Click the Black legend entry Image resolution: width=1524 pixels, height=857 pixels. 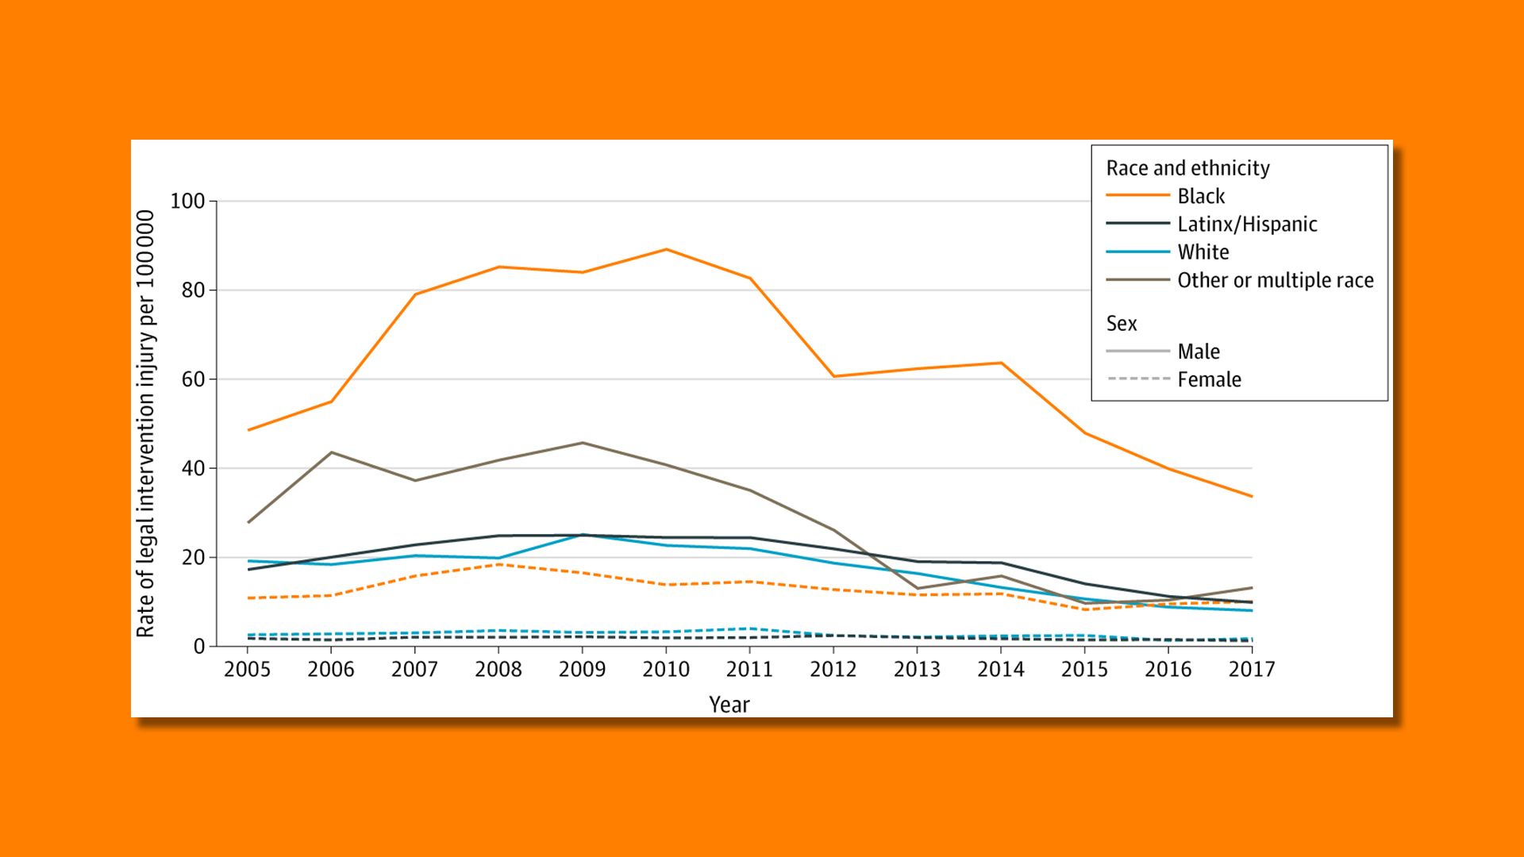1200,196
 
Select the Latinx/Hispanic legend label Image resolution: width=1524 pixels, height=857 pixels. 1247,225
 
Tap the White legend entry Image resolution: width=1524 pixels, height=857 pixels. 1203,252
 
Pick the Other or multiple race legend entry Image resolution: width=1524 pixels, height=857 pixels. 1275,280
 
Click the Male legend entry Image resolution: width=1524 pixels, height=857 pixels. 1198,352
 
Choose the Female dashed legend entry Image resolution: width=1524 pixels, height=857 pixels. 1208,379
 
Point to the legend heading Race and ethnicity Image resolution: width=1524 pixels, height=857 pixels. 1187,168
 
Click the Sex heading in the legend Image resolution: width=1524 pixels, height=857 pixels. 1121,324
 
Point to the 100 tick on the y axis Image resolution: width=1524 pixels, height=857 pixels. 187,202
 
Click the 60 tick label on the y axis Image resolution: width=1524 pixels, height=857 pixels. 193,379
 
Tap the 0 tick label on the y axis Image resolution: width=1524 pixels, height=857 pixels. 198,647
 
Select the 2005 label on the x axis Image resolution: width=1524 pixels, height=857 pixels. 247,670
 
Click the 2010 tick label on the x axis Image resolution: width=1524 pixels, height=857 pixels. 665,670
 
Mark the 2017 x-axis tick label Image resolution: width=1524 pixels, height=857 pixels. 1251,670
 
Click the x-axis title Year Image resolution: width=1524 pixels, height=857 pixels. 729,705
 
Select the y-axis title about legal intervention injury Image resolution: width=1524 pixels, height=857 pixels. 145,423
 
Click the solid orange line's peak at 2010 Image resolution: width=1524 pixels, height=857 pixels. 666,249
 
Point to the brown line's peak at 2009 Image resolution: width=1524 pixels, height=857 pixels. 582,443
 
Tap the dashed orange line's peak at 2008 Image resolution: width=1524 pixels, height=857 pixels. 498,564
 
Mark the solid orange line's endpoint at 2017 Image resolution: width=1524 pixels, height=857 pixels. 1252,497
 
